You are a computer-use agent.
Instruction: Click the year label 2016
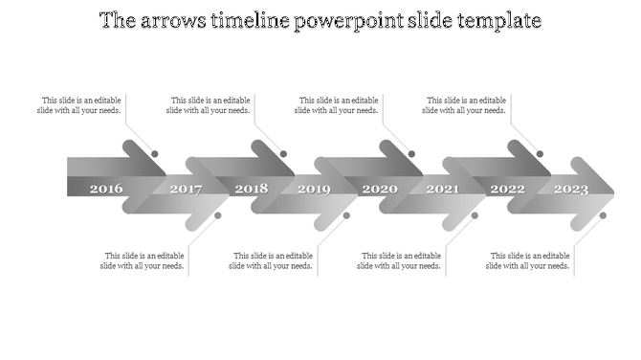pyautogui.click(x=106, y=189)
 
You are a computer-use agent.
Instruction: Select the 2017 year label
pyautogui.click(x=186, y=189)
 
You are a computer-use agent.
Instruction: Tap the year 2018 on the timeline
pyautogui.click(x=251, y=189)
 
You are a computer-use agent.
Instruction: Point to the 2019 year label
pyautogui.click(x=314, y=189)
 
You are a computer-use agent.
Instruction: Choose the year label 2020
pyautogui.click(x=379, y=189)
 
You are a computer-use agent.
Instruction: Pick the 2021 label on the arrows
pyautogui.click(x=442, y=189)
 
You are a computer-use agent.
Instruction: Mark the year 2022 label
pyautogui.click(x=507, y=189)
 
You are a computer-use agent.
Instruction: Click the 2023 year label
pyautogui.click(x=571, y=189)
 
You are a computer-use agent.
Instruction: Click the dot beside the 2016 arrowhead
pyautogui.click(x=155, y=154)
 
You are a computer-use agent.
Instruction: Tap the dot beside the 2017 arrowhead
pyautogui.click(x=218, y=215)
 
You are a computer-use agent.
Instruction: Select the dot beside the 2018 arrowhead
pyautogui.click(x=283, y=154)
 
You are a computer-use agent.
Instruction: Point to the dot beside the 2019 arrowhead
pyautogui.click(x=346, y=215)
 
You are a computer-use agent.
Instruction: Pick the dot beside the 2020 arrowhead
pyautogui.click(x=411, y=154)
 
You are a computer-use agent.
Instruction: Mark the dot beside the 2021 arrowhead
pyautogui.click(x=475, y=215)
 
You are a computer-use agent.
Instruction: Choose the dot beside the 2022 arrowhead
pyautogui.click(x=540, y=154)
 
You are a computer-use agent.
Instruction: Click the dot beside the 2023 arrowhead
pyautogui.click(x=603, y=215)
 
